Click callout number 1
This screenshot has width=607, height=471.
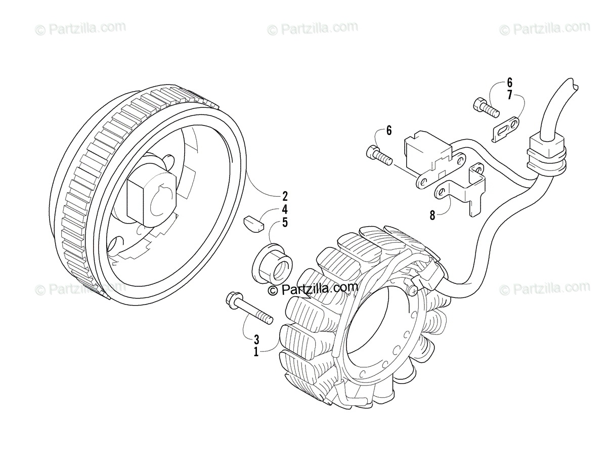pos(256,351)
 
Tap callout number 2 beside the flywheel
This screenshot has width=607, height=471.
pos(285,195)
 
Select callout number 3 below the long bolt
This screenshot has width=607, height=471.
pos(256,338)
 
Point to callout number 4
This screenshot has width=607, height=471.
pos(285,208)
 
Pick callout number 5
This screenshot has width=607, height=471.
pos(285,222)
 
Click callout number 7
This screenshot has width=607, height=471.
pos(509,95)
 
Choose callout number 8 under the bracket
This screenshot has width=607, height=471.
pos(432,215)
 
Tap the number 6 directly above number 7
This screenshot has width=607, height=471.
pos(509,82)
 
